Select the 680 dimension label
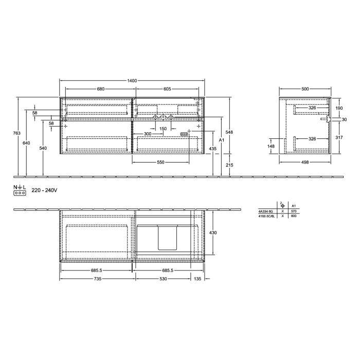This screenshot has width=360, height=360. click(101, 89)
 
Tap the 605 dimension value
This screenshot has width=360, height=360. click(167, 89)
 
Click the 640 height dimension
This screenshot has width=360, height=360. click(26, 142)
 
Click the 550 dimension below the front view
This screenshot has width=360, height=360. click(160, 163)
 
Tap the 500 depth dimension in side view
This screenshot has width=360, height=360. click(305, 89)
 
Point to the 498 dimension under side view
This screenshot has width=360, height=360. click(305, 163)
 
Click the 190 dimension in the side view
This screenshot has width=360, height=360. click(338, 109)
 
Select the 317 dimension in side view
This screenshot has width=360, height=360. click(338, 137)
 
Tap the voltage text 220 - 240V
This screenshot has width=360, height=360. click(44, 190)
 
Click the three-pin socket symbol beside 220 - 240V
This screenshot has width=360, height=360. click(20, 193)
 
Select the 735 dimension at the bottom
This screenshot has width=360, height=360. click(97, 279)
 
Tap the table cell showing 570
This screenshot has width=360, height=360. click(293, 211)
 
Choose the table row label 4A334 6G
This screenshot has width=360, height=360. click(266, 211)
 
